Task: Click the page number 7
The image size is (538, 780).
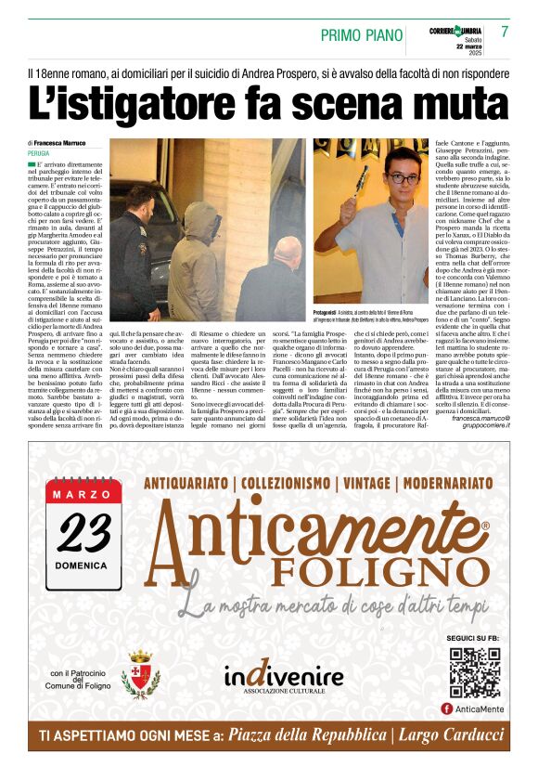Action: click(505, 32)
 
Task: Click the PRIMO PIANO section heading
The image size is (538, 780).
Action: click(360, 35)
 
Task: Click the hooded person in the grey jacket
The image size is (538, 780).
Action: click(196, 263)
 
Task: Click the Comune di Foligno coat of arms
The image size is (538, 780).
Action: click(140, 672)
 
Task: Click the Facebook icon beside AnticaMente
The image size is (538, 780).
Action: click(447, 708)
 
